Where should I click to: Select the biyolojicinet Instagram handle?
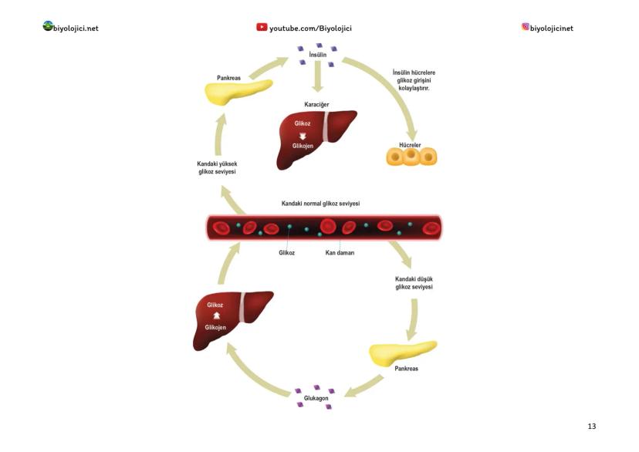point(552,29)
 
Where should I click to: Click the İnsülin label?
point(317,56)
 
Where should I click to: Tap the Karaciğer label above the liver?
point(318,104)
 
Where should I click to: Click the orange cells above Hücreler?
point(411,156)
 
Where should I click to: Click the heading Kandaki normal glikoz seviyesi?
point(321,204)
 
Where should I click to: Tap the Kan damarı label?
point(340,252)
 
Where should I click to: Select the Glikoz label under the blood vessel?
point(287,252)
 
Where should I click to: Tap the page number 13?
point(592,426)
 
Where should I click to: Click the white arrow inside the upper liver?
point(303,136)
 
